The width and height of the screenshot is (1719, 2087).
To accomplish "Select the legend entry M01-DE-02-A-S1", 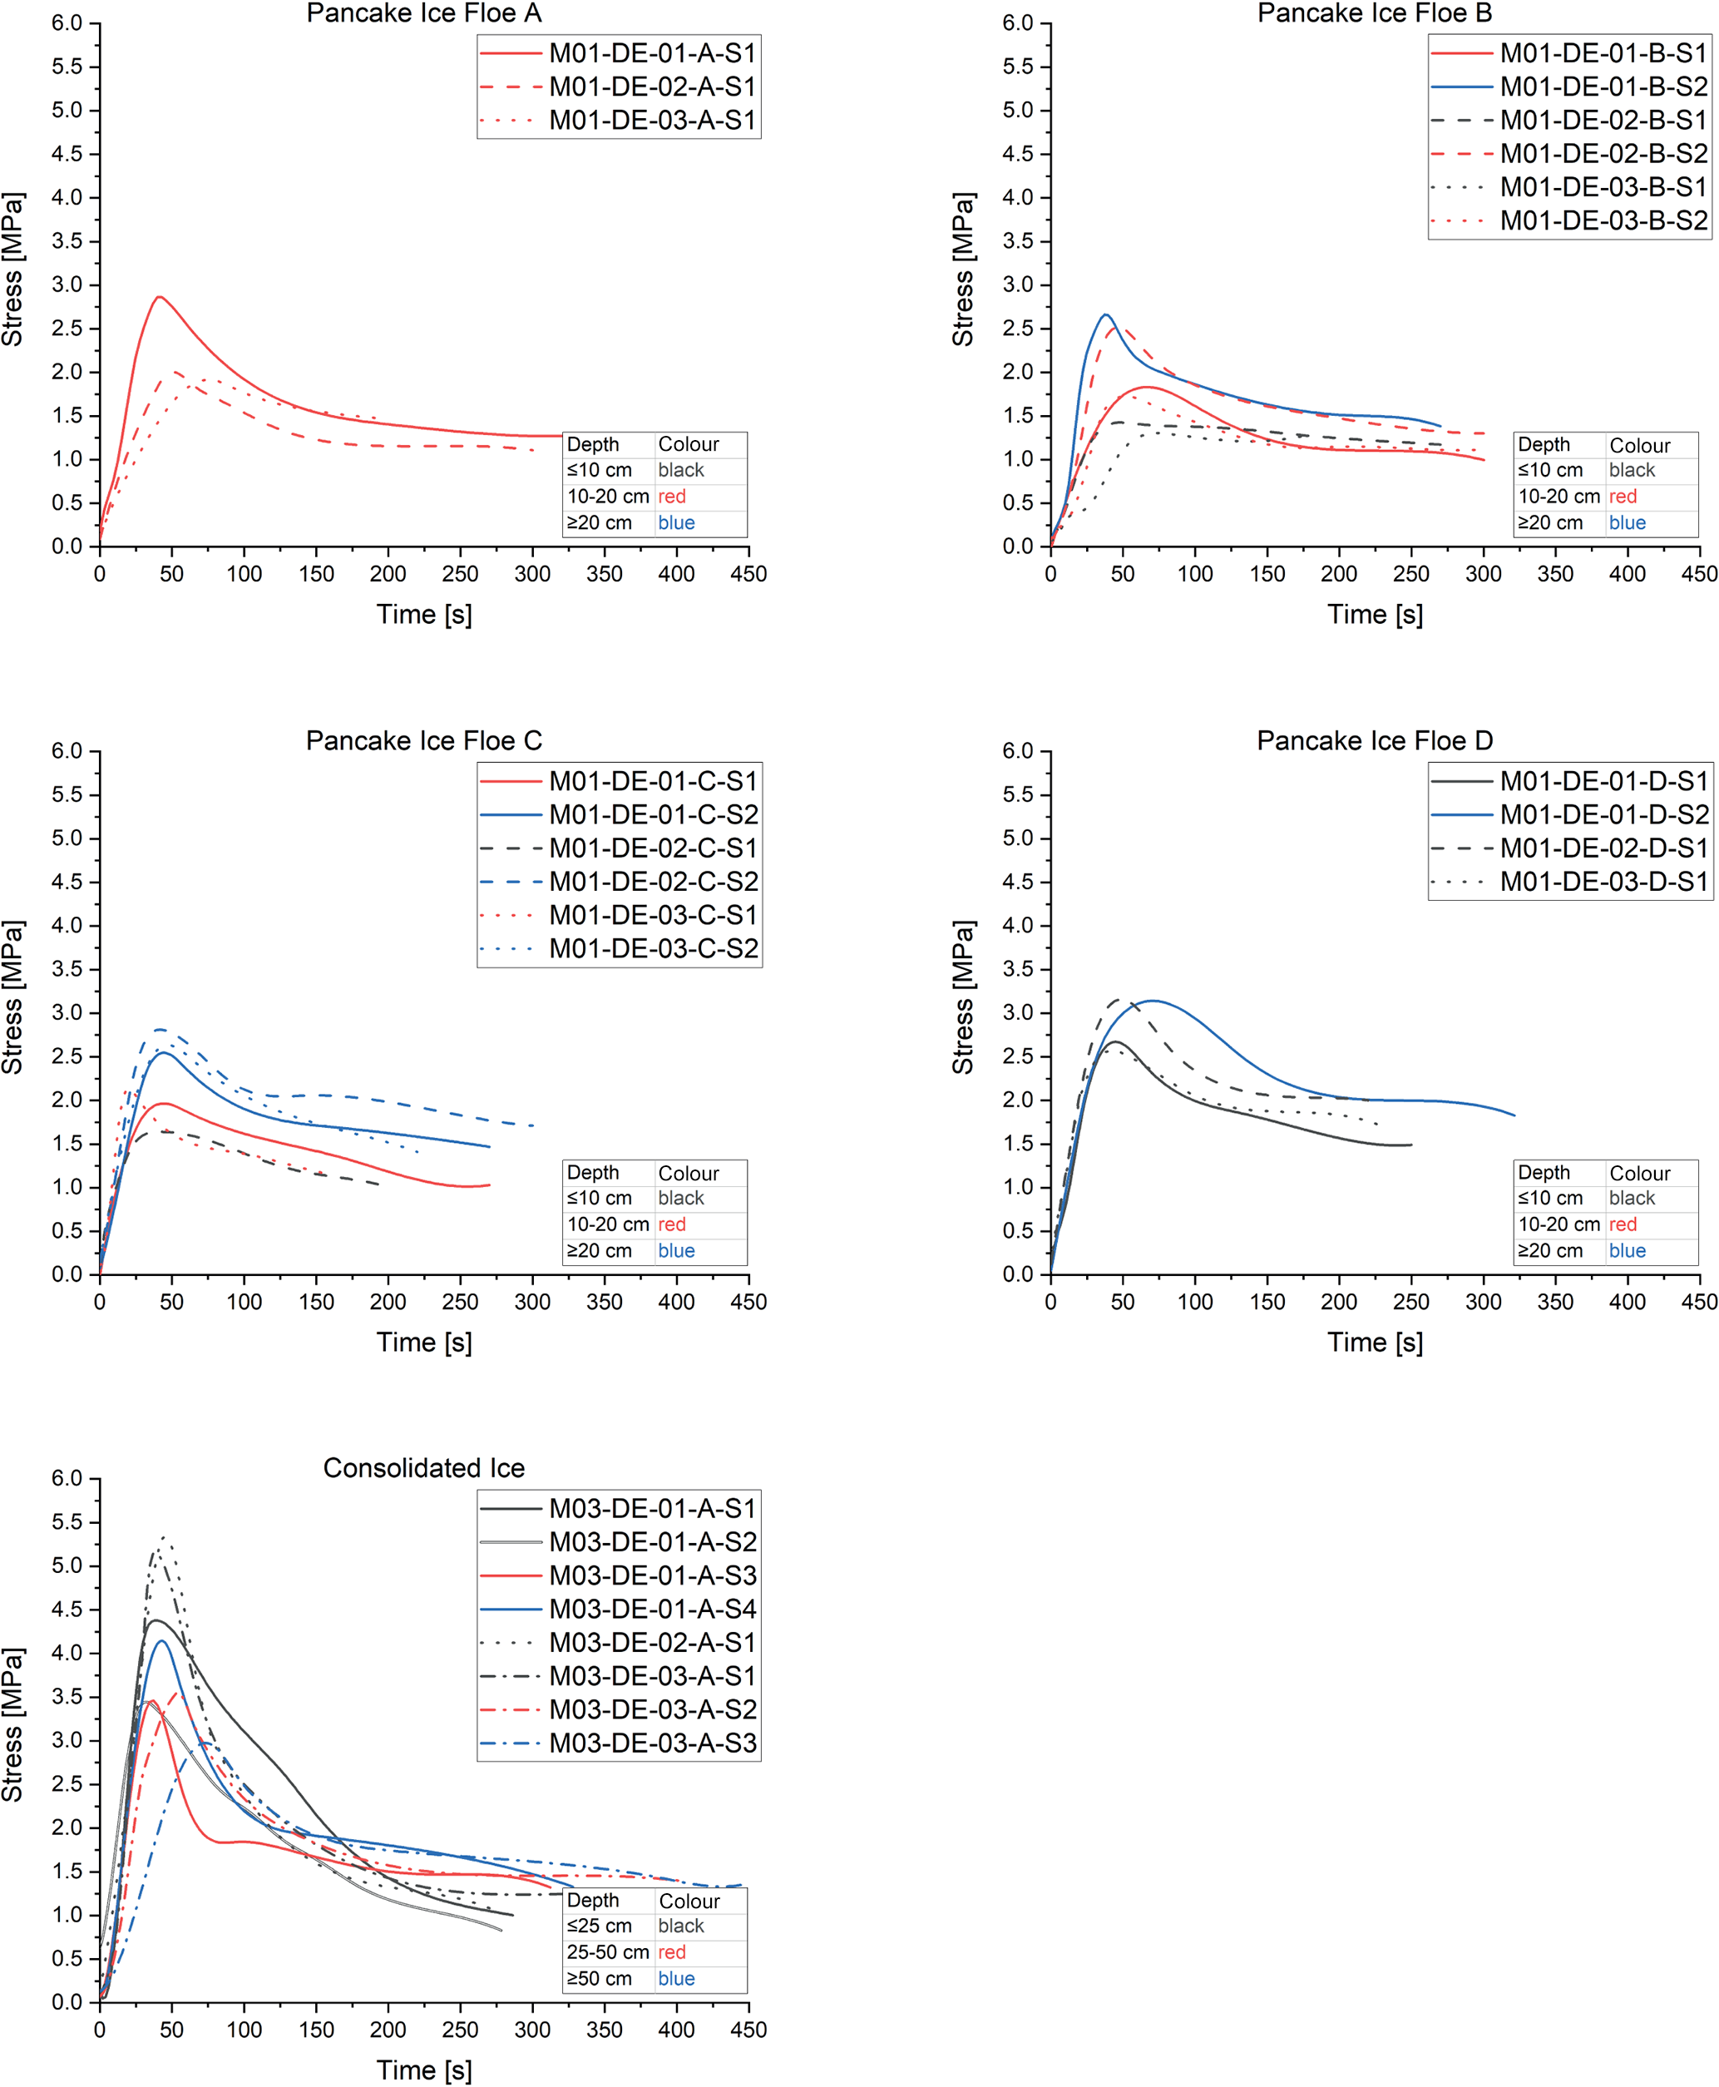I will [651, 87].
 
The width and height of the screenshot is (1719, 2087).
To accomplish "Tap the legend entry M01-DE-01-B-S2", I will [1603, 87].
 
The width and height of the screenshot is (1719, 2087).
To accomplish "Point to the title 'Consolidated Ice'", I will [424, 1468].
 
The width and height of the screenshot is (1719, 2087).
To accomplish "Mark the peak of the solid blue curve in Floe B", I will [1106, 315].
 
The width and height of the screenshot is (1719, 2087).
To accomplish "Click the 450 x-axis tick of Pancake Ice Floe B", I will [1699, 573].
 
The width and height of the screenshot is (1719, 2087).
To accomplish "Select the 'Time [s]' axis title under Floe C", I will [424, 1343].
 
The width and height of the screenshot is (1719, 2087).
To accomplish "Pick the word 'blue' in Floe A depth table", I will [676, 523].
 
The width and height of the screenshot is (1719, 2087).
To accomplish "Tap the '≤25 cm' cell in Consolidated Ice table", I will [599, 1926].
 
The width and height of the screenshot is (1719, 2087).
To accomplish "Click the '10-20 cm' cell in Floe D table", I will [1558, 1224].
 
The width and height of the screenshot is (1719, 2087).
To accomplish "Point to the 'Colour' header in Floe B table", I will [1640, 445].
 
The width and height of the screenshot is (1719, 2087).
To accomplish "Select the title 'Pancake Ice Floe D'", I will [1375, 741].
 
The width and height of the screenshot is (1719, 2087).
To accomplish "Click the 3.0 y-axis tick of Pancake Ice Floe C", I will [67, 1012].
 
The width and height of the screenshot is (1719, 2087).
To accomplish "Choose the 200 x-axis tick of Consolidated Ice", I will [388, 2030].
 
